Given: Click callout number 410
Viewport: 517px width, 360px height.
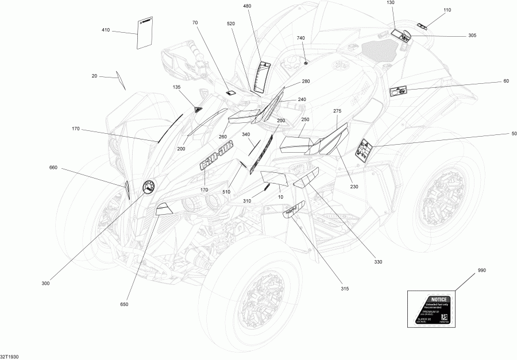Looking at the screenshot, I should pyautogui.click(x=106, y=30).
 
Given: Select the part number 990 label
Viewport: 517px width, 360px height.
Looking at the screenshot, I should pyautogui.click(x=481, y=270).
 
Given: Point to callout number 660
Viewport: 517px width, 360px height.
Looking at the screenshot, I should pyautogui.click(x=53, y=168).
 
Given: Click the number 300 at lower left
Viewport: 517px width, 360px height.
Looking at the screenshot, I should pyautogui.click(x=46, y=283).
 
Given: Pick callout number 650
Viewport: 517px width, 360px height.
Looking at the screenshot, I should pyautogui.click(x=125, y=304).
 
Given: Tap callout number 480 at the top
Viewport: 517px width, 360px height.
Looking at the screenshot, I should pyautogui.click(x=247, y=6).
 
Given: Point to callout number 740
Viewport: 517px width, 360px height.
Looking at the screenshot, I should pyautogui.click(x=300, y=37).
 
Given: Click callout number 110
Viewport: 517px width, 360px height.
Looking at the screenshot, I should pyautogui.click(x=447, y=10).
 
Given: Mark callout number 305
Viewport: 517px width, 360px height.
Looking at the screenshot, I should pyautogui.click(x=472, y=36).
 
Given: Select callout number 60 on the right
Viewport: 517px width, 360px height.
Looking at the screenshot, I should pyautogui.click(x=506, y=81).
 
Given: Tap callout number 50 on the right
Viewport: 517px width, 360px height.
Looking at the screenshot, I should pyautogui.click(x=506, y=134).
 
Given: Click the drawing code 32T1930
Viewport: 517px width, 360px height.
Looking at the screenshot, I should pyautogui.click(x=9, y=356).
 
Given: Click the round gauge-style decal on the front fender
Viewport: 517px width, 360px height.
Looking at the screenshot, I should pyautogui.click(x=148, y=187).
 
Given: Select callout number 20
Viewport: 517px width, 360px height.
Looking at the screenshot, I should pyautogui.click(x=94, y=76).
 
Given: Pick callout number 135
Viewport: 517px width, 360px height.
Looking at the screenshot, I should pyautogui.click(x=176, y=87).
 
